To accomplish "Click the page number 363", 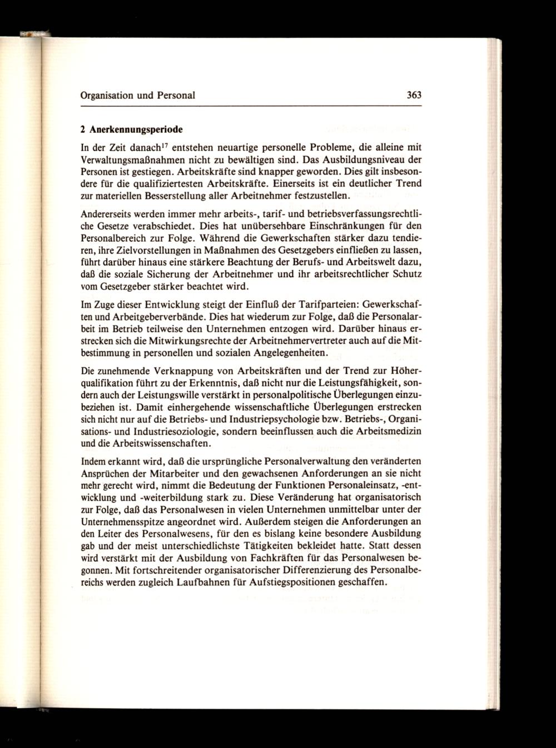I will (x=414, y=95).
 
